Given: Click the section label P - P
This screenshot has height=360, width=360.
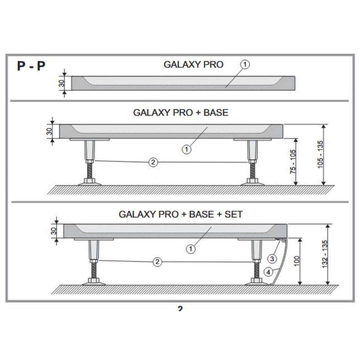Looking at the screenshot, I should [31, 66].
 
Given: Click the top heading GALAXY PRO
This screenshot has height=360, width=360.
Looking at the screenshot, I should [193, 64].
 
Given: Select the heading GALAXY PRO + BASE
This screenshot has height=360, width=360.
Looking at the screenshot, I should [180, 112].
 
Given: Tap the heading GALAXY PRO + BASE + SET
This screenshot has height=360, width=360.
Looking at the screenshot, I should [181, 214].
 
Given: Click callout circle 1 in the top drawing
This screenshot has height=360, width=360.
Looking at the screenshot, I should [245, 64].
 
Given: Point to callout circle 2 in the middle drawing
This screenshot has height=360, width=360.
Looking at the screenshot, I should [153, 162].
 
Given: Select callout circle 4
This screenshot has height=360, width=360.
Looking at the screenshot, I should [268, 272].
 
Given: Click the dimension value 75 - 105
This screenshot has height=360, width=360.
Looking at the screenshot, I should [293, 161].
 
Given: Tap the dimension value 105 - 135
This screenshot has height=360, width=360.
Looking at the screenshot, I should [320, 154].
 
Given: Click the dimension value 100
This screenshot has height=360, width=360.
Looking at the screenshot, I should [297, 261].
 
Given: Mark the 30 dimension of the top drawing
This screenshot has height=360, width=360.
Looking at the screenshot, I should [61, 83].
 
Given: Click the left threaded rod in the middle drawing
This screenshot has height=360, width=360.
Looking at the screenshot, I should [89, 171].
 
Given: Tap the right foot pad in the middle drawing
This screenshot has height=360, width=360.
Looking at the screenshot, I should [252, 182].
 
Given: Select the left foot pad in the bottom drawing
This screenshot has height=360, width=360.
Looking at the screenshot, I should [93, 282].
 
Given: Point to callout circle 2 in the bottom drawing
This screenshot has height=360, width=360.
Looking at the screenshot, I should [157, 262].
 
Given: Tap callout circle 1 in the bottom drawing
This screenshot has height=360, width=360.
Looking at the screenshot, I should [190, 248].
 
